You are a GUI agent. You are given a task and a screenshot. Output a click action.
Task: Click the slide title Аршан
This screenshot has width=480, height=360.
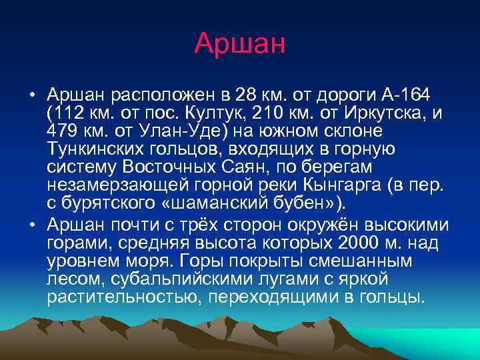239,43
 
